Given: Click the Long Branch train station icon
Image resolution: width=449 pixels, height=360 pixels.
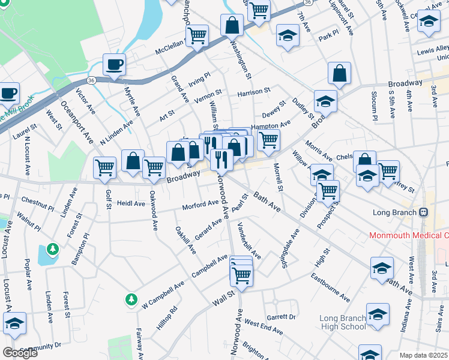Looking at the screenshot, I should [423, 212].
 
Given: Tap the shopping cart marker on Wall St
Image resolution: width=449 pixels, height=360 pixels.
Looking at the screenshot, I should [241, 275].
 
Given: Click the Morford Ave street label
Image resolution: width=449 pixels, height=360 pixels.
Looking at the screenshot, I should [200, 205].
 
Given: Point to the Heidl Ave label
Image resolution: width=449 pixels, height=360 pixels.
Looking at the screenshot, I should [131, 203].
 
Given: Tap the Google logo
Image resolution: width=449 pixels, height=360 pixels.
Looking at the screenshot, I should [20, 353].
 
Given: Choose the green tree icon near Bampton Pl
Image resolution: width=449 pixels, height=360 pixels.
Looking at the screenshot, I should [53, 248].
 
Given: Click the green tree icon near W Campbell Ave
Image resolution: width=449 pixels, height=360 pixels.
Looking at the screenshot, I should [131, 298].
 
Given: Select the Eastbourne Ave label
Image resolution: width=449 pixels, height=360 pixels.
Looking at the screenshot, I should [330, 287].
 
